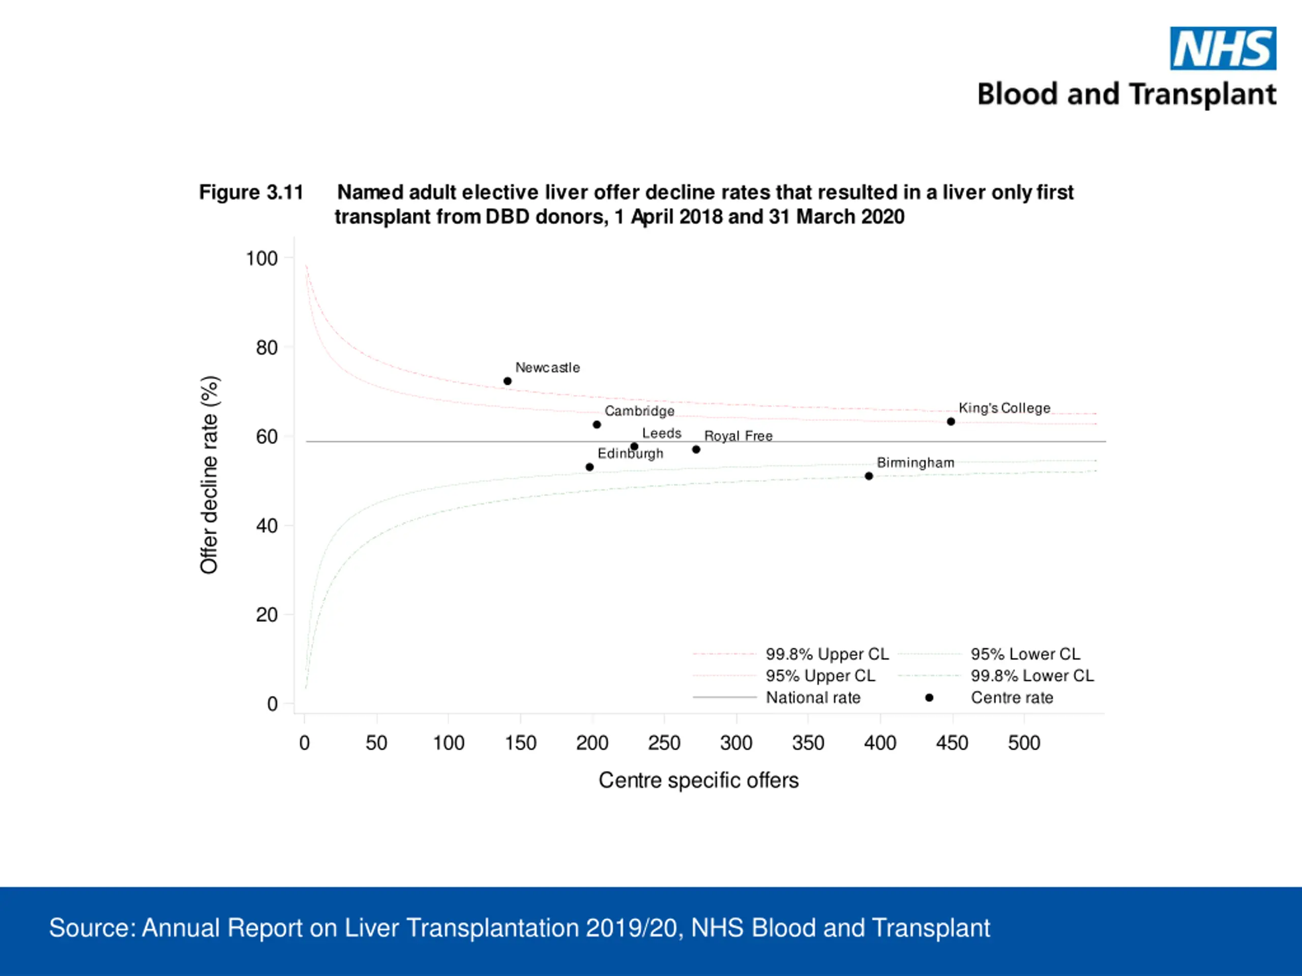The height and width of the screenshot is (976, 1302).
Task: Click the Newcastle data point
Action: point(508,381)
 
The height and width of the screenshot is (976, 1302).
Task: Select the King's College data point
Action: point(951,421)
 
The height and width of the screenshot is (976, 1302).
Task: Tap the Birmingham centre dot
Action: point(869,476)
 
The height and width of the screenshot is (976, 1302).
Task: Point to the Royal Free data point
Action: point(696,449)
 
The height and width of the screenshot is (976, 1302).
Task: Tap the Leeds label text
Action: point(662,433)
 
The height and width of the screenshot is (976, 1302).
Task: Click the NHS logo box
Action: point(1223,48)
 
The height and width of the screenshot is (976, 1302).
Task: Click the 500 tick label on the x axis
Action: point(1024,743)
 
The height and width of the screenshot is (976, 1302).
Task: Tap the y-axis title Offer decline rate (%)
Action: point(210,475)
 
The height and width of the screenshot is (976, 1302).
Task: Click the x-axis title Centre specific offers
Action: point(699,780)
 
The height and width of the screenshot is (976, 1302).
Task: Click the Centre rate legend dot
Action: point(929,698)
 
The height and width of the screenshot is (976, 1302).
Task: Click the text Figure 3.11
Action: point(251,192)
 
